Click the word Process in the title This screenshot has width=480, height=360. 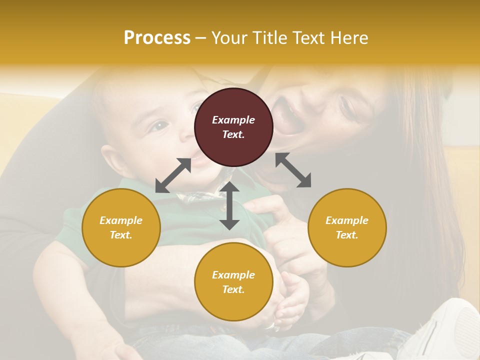(x=157, y=38)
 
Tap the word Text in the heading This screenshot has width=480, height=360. (x=307, y=38)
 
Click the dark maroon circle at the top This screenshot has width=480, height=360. (x=233, y=127)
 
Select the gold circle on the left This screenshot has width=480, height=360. (x=121, y=227)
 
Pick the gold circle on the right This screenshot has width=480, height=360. (x=347, y=227)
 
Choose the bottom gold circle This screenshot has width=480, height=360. (x=233, y=282)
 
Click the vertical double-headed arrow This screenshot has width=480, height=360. (x=229, y=205)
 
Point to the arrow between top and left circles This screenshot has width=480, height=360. (x=173, y=175)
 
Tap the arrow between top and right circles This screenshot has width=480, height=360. (x=293, y=170)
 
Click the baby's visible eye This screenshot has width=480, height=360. (x=159, y=125)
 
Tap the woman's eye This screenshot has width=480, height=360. (x=346, y=104)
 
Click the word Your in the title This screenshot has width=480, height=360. (x=228, y=38)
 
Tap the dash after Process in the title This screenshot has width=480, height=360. (x=200, y=38)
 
